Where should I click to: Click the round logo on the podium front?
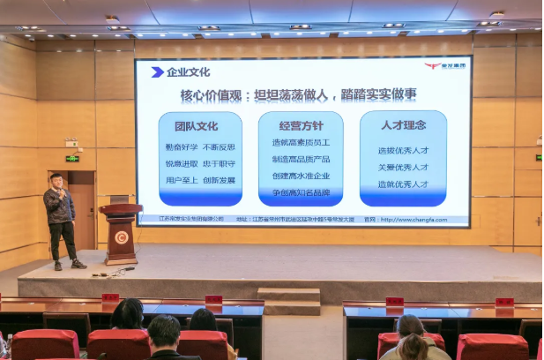pos(121,236)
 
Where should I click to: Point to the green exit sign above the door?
pos(72,159)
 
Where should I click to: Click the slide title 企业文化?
pos(188,72)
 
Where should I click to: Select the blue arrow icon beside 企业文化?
pos(157,72)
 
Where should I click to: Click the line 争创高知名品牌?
pos(301,191)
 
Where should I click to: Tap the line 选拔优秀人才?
pos(403,150)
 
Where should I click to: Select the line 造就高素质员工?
pos(301,142)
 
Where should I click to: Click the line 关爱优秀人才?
pos(403,168)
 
